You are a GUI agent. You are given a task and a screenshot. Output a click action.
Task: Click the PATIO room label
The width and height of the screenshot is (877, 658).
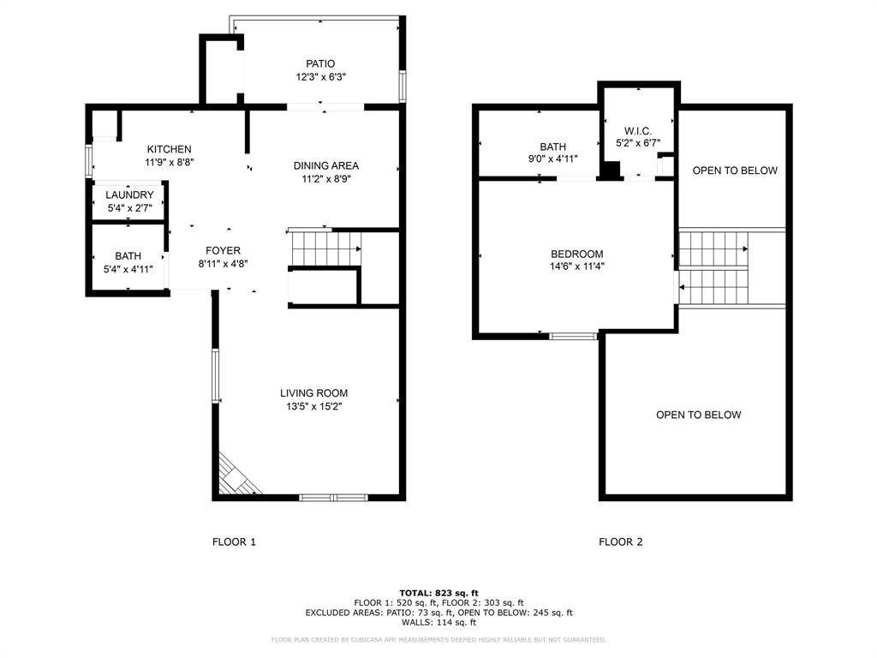point(320,63)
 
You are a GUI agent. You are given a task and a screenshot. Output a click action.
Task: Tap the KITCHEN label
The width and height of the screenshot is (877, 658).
point(169,149)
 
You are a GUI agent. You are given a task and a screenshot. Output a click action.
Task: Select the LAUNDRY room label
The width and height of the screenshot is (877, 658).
point(129,195)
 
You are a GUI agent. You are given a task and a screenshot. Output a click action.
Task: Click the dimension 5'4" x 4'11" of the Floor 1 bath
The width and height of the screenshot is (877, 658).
point(128,269)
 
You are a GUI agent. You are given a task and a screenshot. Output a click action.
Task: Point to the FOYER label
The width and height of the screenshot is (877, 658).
point(223,251)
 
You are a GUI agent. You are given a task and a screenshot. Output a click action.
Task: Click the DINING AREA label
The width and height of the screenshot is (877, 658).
point(325,165)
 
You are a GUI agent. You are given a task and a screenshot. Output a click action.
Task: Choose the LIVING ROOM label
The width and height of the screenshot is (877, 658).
point(313,393)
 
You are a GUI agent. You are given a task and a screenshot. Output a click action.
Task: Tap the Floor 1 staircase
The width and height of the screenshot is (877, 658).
point(323,249)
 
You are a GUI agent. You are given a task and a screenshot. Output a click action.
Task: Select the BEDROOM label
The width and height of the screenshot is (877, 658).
point(576,254)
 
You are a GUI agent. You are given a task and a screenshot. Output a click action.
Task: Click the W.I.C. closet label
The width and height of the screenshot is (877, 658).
point(638,130)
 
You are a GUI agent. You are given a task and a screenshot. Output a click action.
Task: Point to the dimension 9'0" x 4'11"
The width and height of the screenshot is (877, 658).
point(552,159)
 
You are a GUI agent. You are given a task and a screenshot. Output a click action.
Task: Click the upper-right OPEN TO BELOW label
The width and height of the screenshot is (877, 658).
point(735,170)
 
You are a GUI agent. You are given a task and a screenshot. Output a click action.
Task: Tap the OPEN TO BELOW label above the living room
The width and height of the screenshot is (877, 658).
point(698,415)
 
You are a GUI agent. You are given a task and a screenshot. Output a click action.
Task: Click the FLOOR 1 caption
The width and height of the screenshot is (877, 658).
point(234,541)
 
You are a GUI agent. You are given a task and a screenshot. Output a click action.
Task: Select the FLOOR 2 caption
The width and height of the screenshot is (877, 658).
point(620,541)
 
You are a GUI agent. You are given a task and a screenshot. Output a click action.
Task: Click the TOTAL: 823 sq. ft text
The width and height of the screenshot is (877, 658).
point(438,593)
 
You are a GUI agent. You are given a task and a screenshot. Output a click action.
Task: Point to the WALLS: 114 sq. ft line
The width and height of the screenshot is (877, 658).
point(438,623)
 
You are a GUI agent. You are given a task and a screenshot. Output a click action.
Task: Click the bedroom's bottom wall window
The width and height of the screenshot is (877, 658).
point(573,336)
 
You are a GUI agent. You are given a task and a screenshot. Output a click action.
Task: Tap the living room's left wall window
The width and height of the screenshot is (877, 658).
point(216,374)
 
